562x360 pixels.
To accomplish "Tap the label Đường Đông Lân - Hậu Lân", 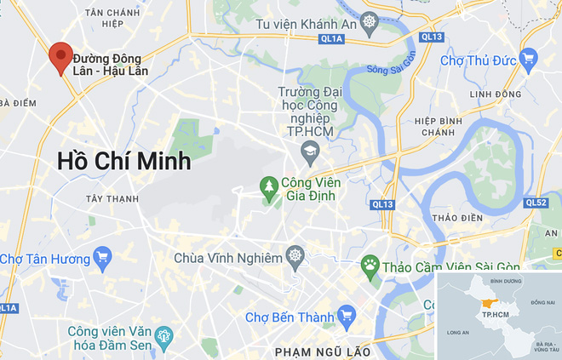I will (111, 65).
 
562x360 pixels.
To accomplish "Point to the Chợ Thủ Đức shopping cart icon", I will (529, 59).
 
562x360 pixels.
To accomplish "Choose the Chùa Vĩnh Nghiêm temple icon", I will (295, 256).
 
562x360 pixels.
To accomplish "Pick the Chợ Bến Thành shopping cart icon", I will (346, 317).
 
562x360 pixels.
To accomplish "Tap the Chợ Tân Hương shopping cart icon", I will (102, 258).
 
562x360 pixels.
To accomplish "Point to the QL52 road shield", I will (536, 203).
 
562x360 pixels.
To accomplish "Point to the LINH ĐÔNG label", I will (494, 94).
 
